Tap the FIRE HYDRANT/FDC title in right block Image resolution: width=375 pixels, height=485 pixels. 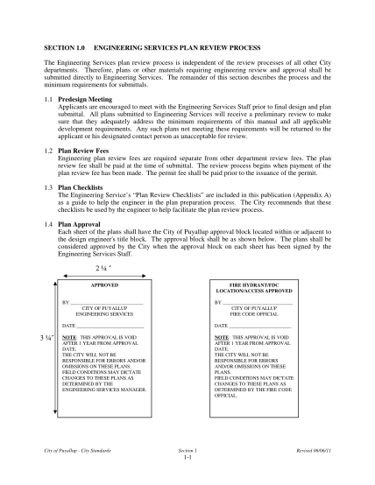[x=254, y=285]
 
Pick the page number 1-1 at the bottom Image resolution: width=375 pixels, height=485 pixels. [x=187, y=458]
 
